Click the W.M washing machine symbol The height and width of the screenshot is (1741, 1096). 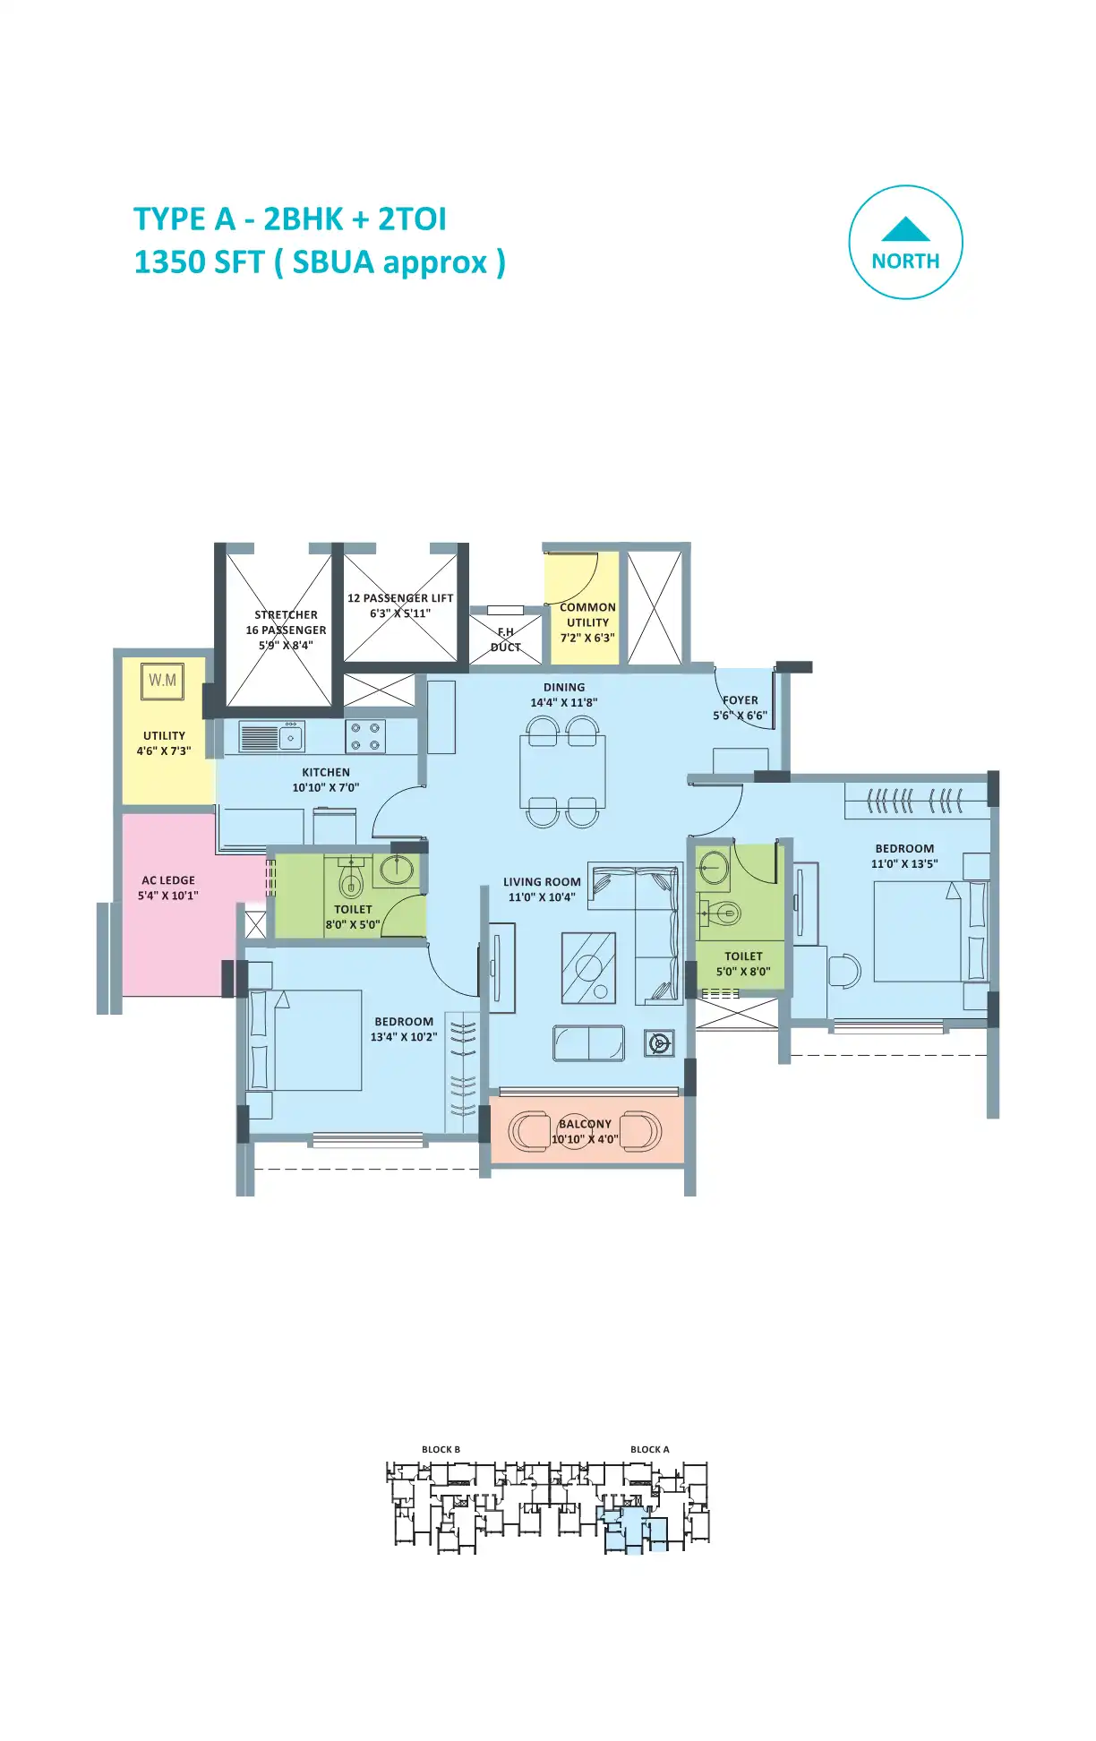pos(162,681)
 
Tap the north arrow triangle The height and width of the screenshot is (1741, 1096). pos(905,229)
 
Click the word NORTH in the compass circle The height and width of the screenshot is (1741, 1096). pos(905,262)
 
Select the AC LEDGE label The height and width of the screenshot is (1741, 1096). pos(168,880)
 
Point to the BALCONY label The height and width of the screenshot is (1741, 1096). pos(586,1124)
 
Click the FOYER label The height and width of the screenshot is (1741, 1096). pos(741,700)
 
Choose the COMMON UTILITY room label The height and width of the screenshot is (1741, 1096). pos(588,615)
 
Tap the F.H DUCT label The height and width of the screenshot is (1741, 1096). pos(506,639)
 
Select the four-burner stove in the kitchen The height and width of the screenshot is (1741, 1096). pos(365,736)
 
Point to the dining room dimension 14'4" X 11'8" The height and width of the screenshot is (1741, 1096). pos(564,703)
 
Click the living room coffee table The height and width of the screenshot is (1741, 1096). pos(588,968)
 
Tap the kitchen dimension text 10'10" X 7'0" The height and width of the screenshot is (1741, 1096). pos(326,788)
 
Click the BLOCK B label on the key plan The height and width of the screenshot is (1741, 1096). pos(441,1450)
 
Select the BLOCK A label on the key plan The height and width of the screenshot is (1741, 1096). pos(650,1450)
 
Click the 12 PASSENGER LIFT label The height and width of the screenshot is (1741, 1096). pos(400,598)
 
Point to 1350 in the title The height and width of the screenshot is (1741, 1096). pos(167,262)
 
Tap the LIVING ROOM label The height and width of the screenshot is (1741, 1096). pos(542,882)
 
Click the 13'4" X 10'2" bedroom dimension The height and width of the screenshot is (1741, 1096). pos(404,1037)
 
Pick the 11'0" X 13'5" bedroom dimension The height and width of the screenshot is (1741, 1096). pos(904,864)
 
